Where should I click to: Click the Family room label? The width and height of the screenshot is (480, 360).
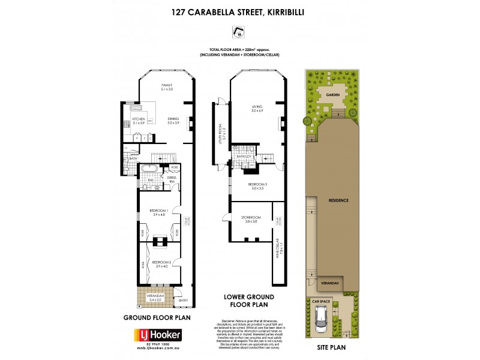166,88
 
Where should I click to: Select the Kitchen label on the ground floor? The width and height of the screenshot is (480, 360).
139,120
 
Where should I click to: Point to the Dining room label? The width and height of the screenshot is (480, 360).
173,120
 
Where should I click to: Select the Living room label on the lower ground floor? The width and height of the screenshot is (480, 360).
257,109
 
